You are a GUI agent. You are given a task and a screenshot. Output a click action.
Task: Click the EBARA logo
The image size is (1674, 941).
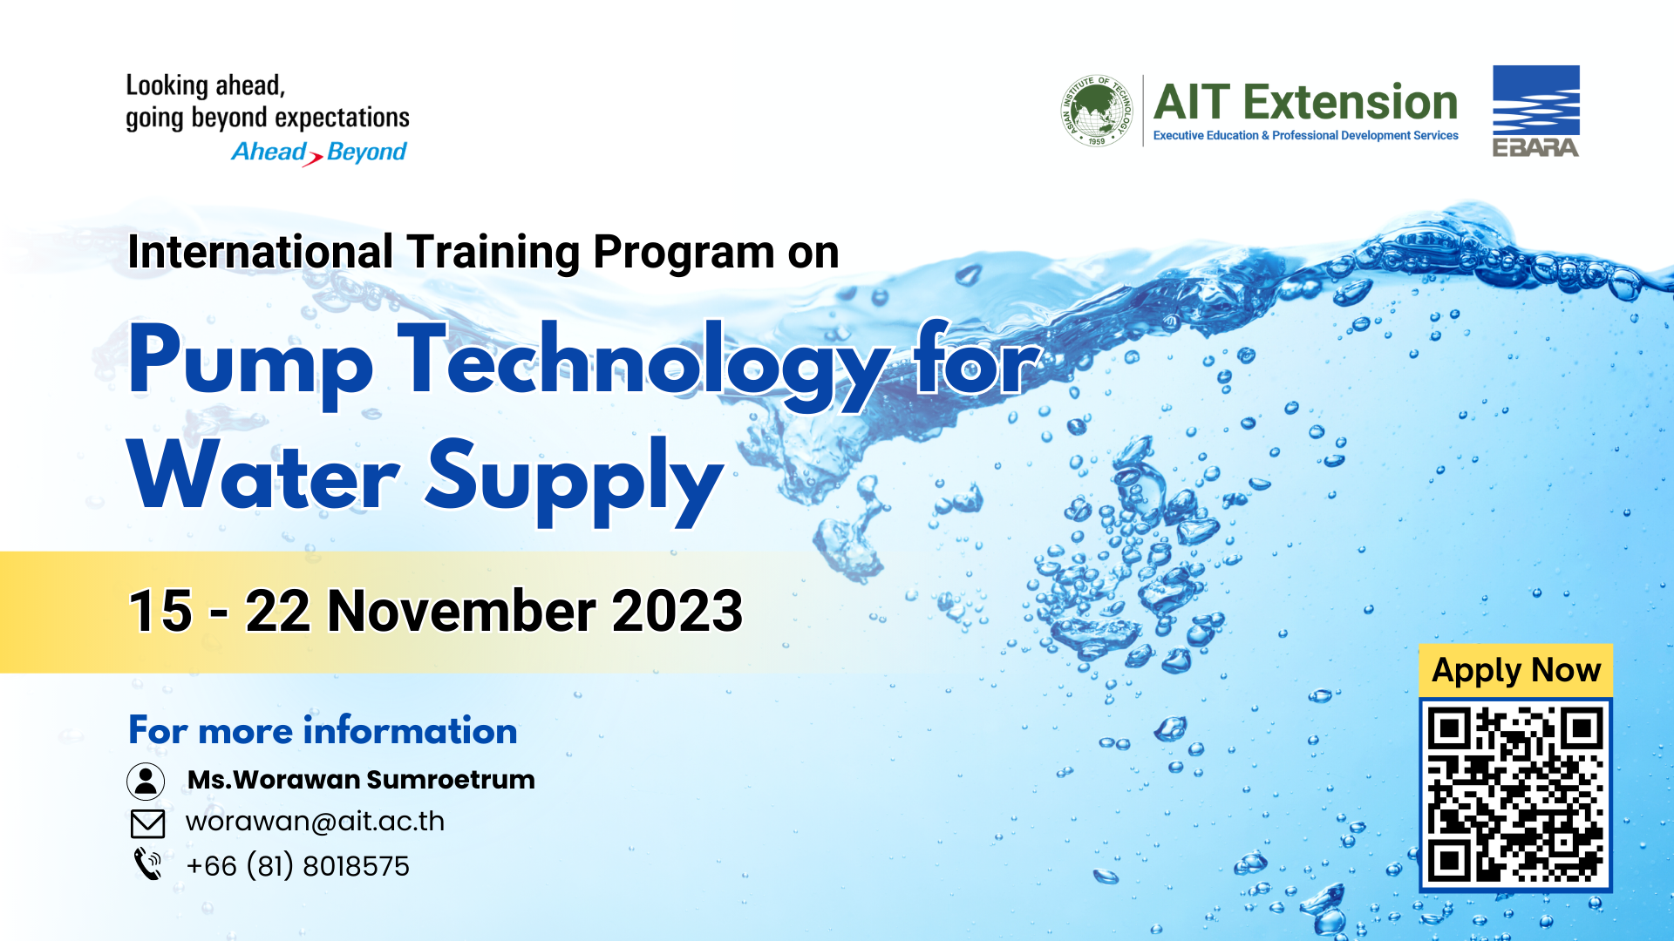pyautogui.click(x=1536, y=112)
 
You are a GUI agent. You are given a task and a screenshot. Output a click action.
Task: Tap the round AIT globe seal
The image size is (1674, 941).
pyautogui.click(x=1097, y=111)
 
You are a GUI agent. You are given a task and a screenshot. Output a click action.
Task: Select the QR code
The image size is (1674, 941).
pyautogui.click(x=1515, y=795)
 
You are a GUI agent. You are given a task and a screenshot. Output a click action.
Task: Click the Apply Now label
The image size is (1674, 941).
pyautogui.click(x=1516, y=670)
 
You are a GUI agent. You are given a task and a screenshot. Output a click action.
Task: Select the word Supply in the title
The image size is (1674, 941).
pyautogui.click(x=575, y=482)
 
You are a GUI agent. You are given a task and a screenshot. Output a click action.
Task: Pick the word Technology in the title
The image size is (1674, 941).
pyautogui.click(x=644, y=364)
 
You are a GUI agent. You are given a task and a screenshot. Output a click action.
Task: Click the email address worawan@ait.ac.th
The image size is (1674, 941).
pyautogui.click(x=316, y=822)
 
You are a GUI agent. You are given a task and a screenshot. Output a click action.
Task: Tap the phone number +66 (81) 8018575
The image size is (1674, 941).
pyautogui.click(x=298, y=866)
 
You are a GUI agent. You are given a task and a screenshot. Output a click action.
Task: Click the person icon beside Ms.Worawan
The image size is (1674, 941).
pyautogui.click(x=146, y=781)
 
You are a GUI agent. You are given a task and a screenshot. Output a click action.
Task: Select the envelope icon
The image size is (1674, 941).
pyautogui.click(x=147, y=823)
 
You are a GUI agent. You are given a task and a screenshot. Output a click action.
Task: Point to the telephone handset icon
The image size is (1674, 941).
pyautogui.click(x=147, y=864)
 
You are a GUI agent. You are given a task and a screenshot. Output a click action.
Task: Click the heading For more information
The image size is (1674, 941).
pyautogui.click(x=323, y=730)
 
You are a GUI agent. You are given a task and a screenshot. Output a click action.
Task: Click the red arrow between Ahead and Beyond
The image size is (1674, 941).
pyautogui.click(x=313, y=159)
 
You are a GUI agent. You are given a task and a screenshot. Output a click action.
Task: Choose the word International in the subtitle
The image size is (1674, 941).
pyautogui.click(x=261, y=252)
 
